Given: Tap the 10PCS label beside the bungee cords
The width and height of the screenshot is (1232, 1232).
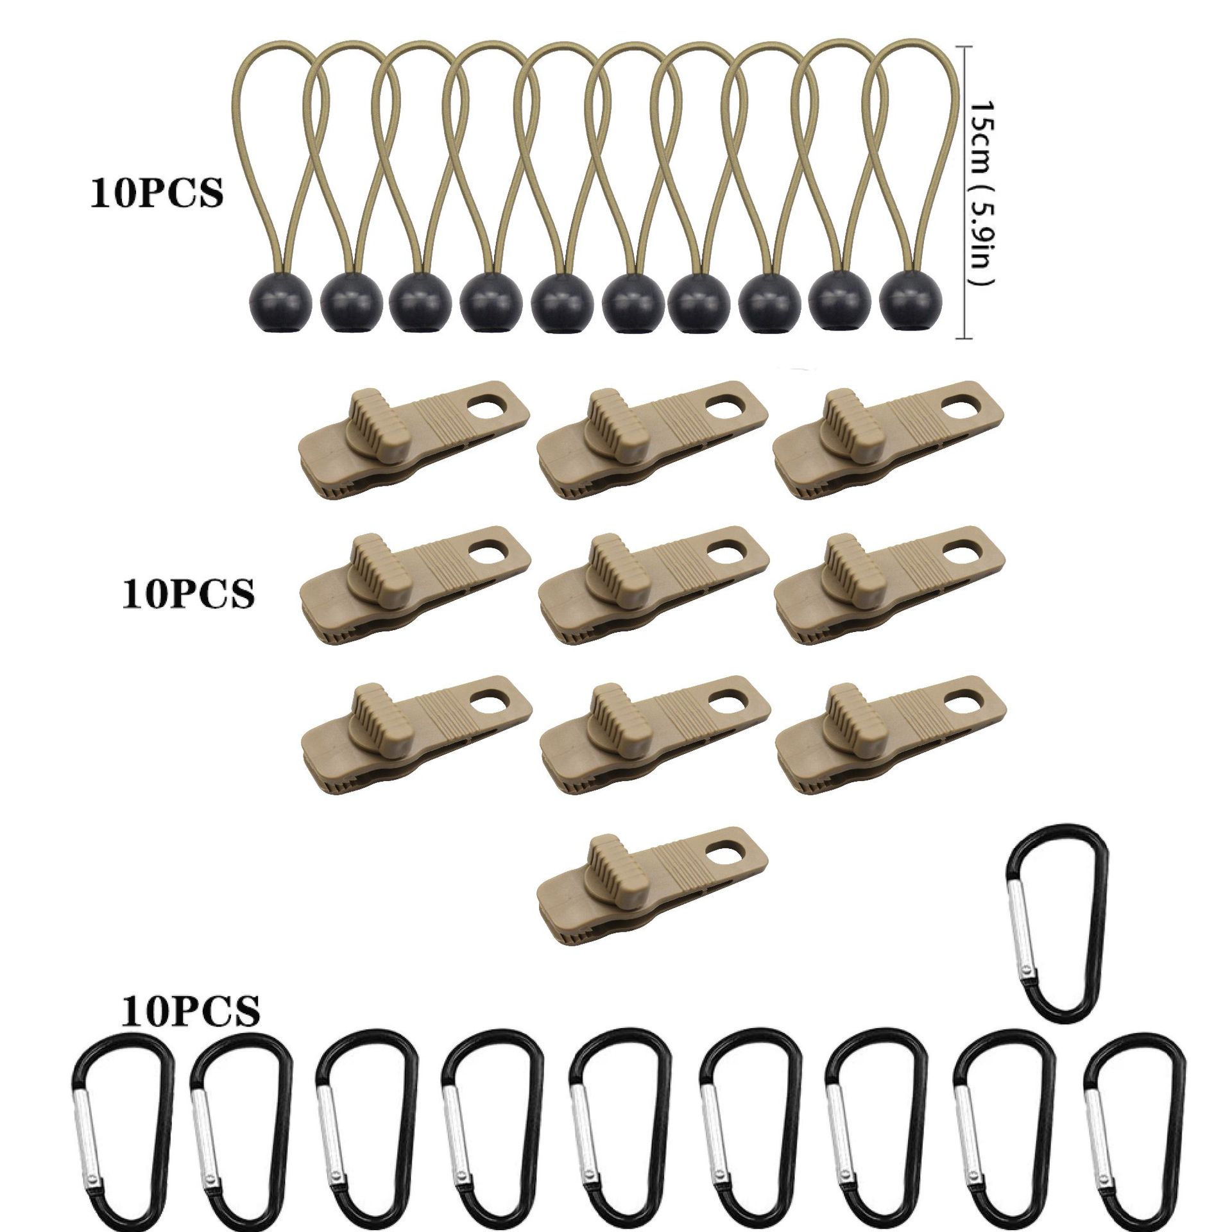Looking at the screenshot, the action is (x=157, y=193).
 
